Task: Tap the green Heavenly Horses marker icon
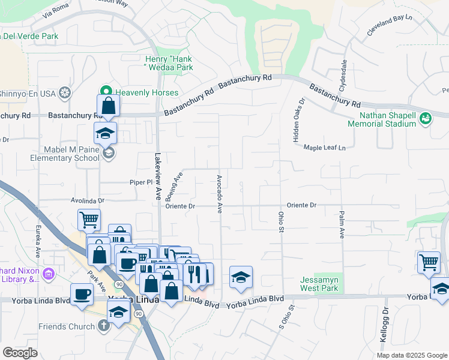(106, 92)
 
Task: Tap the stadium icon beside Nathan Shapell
(426, 118)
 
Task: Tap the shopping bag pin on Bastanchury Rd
(109, 106)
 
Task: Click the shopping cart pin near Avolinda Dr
(89, 220)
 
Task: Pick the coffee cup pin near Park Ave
(82, 295)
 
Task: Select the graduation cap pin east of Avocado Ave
(241, 277)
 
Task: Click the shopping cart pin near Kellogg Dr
(429, 262)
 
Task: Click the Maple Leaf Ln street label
(325, 148)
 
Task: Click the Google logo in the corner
(20, 353)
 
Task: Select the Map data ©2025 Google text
(411, 355)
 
